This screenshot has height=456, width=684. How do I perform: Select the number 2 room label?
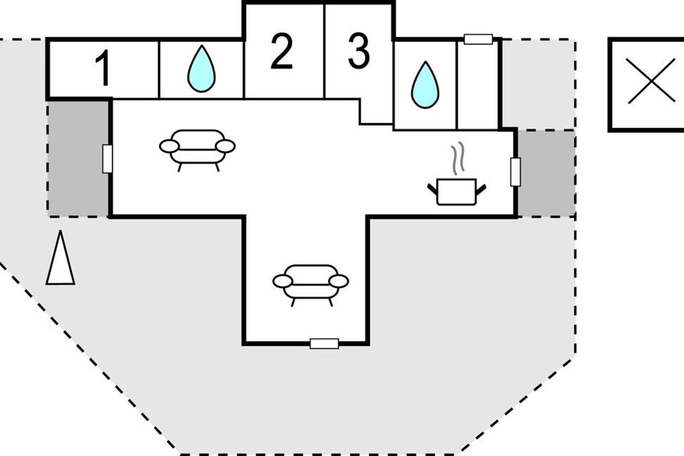282,52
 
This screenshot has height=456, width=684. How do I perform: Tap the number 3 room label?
359,52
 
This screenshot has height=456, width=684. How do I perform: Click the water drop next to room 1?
202,70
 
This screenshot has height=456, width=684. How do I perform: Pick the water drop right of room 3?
425,85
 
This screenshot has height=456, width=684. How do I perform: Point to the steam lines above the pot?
456,160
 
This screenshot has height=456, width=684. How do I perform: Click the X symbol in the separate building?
651,85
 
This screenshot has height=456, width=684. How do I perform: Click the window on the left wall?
107,158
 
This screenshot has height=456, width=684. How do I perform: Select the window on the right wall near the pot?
515,172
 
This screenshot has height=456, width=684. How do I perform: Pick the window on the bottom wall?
324,343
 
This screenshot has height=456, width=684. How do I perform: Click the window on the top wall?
478,39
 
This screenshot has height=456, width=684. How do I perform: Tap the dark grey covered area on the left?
78,158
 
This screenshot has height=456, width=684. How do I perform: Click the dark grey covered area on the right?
545,173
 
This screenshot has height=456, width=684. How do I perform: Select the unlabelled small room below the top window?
478,85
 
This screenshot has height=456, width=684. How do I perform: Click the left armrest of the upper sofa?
169,146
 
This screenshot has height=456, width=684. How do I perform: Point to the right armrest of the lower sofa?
339,281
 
